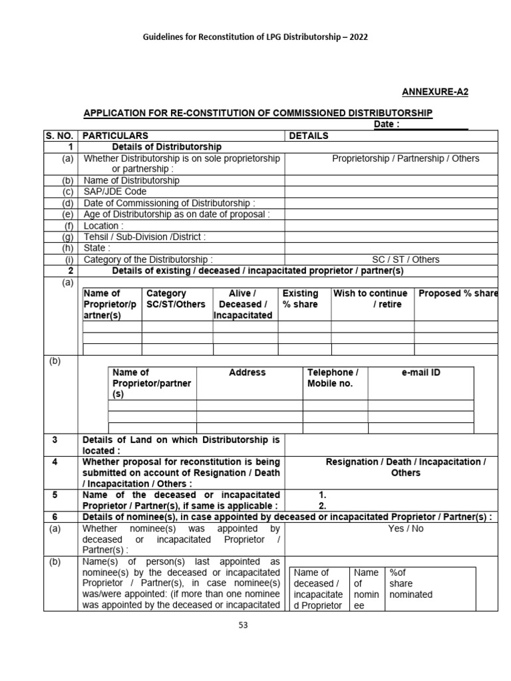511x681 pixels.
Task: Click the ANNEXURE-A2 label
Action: pyautogui.click(x=435, y=92)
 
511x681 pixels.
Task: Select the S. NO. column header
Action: pyautogui.click(x=61, y=136)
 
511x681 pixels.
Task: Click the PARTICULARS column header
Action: pyautogui.click(x=115, y=136)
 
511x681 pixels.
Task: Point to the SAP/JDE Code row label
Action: pyautogui.click(x=115, y=192)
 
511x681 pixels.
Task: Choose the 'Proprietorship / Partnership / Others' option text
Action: pyautogui.click(x=405, y=158)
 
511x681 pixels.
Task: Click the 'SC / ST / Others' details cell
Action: pyautogui.click(x=405, y=259)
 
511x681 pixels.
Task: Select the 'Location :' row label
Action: pyautogui.click(x=103, y=225)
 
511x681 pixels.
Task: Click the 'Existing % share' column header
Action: pyautogui.click(x=301, y=299)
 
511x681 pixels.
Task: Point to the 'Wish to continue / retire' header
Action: pyautogui.click(x=371, y=299)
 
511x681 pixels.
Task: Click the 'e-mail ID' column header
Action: pyautogui.click(x=421, y=372)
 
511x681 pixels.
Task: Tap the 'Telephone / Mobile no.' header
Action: pyautogui.click(x=333, y=378)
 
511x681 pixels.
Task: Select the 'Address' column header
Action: pyautogui.click(x=247, y=372)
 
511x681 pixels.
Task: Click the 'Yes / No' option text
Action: pyautogui.click(x=405, y=529)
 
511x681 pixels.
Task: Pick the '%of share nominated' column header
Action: pyautogui.click(x=411, y=583)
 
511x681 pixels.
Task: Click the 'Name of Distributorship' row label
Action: pyautogui.click(x=131, y=180)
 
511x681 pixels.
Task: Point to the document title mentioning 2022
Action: pyautogui.click(x=255, y=37)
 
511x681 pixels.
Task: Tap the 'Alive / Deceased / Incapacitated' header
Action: pyautogui.click(x=243, y=304)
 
